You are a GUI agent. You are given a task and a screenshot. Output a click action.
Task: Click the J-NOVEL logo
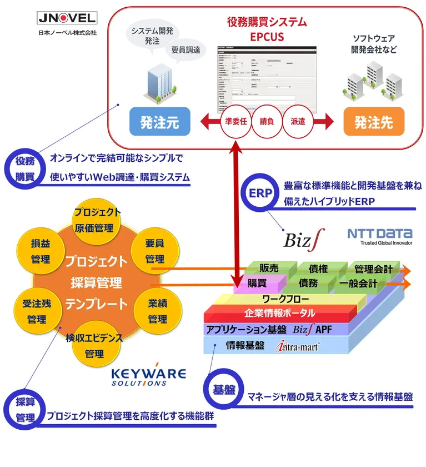pyautogui.click(x=67, y=18)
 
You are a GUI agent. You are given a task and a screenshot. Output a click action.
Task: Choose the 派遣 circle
pyautogui.click(x=298, y=120)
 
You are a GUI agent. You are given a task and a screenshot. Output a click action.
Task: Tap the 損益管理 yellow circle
pyautogui.click(x=41, y=252)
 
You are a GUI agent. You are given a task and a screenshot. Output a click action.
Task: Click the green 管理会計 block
pyautogui.click(x=373, y=270)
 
